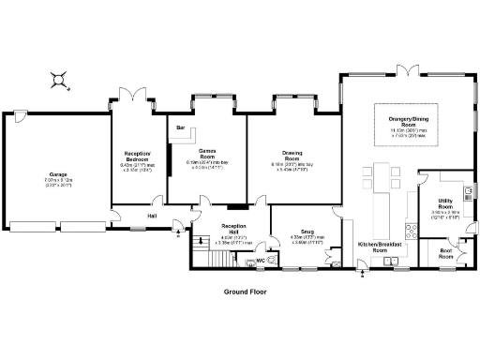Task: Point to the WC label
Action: pos(261,261)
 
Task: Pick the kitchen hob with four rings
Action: pos(410,230)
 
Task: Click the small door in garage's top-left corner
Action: pos(20,116)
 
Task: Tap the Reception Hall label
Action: pos(232,229)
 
